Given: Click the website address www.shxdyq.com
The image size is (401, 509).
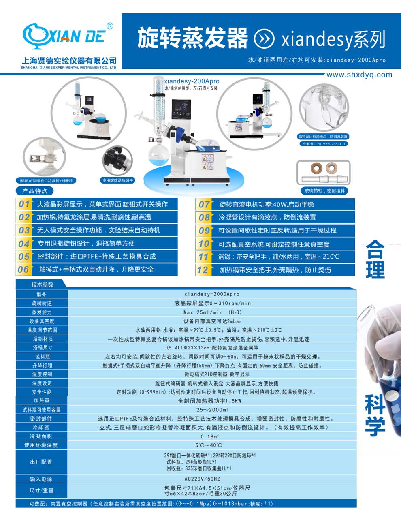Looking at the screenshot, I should click(359, 75).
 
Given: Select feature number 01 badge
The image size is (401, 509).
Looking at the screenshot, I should click(24, 204).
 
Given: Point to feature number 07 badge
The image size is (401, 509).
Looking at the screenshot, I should click(204, 204).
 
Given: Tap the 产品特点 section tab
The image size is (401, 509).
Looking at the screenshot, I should click(34, 191).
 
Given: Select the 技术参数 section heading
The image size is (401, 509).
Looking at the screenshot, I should click(42, 284).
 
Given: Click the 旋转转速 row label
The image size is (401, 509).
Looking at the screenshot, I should click(42, 303).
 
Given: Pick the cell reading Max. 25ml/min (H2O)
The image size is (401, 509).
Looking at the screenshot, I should click(212, 312).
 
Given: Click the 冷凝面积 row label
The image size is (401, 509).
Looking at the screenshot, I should click(42, 436).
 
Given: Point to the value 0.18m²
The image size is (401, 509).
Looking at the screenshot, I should click(209, 436).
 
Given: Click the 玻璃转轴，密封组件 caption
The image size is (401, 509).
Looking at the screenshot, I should click(324, 190).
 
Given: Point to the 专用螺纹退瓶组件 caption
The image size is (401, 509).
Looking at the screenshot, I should click(118, 180).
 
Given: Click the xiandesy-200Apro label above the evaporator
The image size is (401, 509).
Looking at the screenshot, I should click(192, 81).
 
